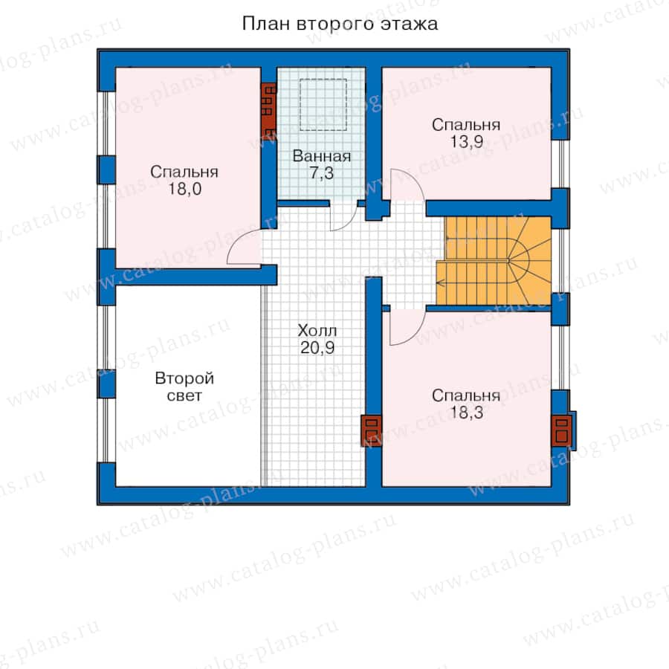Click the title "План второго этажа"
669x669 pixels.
point(340,24)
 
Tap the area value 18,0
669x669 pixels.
point(184,189)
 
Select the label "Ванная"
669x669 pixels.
point(322,156)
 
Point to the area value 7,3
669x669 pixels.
point(322,173)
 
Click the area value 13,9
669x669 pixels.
point(466,142)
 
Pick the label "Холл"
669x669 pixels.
point(317,331)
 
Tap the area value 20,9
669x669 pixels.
point(317,348)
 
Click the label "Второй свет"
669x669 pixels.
point(184,387)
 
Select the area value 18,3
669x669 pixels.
point(466,413)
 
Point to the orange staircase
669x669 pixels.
point(494,261)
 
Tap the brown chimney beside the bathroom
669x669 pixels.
point(269,109)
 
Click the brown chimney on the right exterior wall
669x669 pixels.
point(561,430)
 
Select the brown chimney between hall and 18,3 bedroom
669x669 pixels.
point(371,430)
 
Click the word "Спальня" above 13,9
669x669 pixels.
point(466,125)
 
